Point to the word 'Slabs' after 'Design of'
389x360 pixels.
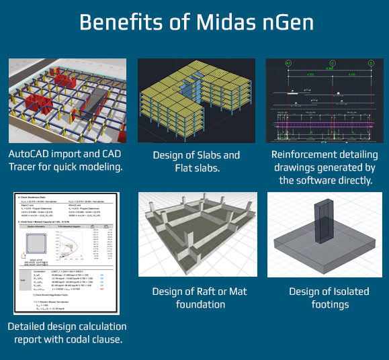(204, 155)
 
